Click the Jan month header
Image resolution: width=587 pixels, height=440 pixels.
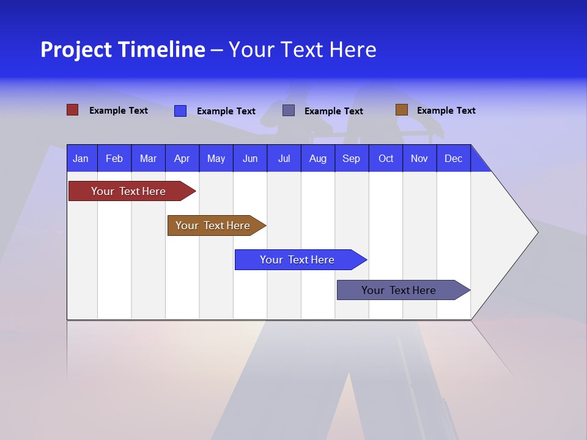[81, 158]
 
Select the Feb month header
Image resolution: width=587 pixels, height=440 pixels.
[114, 158]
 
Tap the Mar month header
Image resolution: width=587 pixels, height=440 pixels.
[148, 158]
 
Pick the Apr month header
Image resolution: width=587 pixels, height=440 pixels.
[182, 158]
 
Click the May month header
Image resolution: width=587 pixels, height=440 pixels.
[216, 158]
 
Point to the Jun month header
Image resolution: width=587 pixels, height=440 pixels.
[250, 158]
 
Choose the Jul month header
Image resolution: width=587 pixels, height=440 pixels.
[284, 158]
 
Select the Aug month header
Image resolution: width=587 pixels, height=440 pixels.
[318, 158]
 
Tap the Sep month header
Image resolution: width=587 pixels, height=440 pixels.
[352, 158]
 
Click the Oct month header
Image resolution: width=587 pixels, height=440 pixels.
[386, 158]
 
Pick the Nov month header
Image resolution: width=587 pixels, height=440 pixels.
[419, 158]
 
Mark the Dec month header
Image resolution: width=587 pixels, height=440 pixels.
[454, 158]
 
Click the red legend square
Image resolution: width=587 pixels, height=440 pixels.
[72, 110]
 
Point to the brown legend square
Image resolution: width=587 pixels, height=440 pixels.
[401, 110]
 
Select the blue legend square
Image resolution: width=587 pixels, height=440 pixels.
[180, 111]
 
